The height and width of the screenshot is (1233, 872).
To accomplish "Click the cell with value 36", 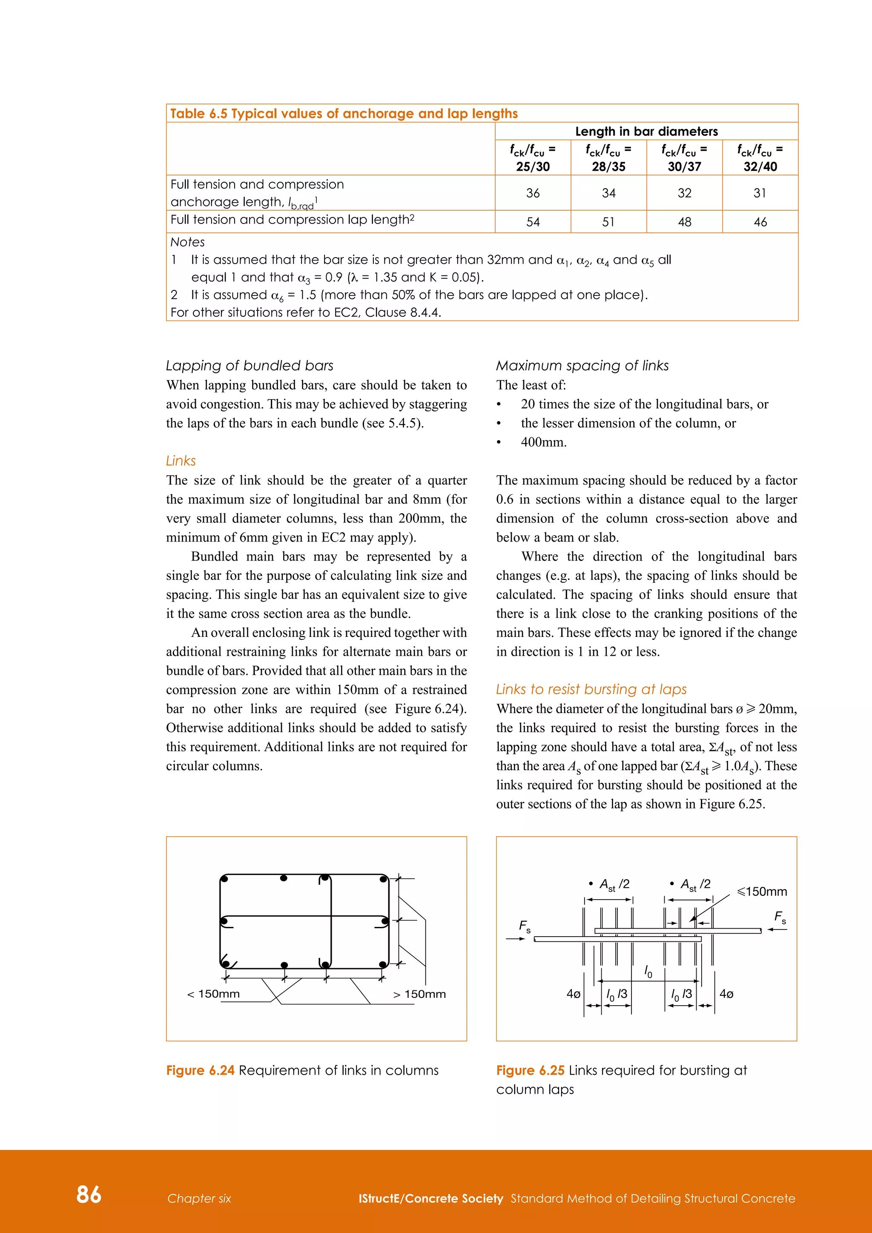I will pos(532,193).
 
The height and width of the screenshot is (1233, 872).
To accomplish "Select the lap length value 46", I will pos(760,222).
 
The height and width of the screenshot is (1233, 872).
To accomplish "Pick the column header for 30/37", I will pos(684,158).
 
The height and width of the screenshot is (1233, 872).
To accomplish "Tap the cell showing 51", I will pos(608,222).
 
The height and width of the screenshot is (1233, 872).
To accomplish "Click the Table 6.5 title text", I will pos(344,113).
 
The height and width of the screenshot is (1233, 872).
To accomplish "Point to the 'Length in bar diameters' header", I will pos(646,131).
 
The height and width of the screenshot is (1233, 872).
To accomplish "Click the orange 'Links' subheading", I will pos(181,461).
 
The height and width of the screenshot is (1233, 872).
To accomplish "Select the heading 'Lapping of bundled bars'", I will pos(249,366).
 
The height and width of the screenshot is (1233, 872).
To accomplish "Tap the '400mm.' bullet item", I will pos(543,442).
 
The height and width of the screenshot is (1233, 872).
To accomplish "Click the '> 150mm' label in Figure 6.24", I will pos(419,994).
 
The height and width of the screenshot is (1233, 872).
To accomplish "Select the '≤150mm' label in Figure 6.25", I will pos(761,892).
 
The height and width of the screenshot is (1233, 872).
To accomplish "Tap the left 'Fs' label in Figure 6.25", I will pos(524,926).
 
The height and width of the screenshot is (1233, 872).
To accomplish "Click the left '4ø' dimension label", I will pos(573,994).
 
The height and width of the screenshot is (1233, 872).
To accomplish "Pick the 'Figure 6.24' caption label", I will pos(200,1070).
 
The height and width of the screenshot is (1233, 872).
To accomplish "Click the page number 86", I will pos(89,1194).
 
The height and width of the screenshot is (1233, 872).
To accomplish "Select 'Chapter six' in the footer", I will pos(199,1198).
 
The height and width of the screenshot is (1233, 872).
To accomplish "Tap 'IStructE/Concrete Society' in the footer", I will pos(430,1198).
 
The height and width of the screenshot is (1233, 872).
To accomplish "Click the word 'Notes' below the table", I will pos(187,242).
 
